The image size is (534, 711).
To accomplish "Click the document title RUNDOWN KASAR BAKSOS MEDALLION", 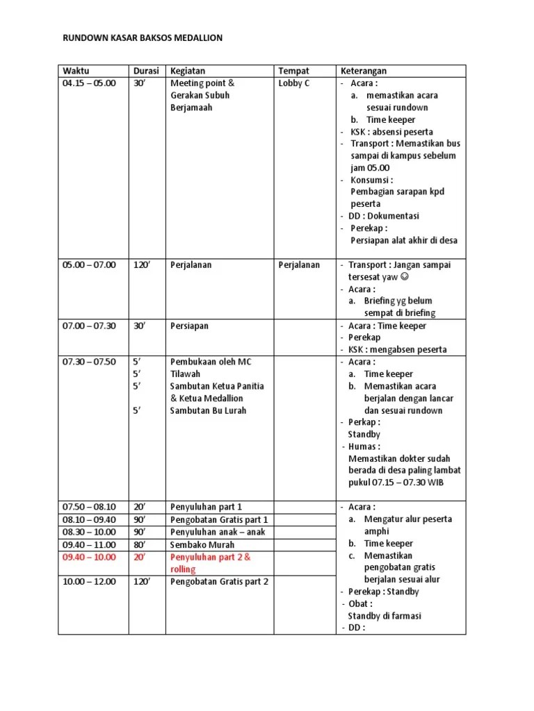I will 143,38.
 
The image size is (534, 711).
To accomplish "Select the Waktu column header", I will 76,71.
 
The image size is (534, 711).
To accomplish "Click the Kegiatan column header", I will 188,71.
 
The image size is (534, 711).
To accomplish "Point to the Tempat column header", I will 293,71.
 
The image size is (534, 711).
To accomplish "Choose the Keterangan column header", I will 363,71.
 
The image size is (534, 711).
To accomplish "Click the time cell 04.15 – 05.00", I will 90,83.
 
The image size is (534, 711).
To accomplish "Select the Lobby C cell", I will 294,83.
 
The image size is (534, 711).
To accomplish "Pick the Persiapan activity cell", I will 189,326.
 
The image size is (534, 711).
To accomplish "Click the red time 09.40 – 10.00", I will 90,557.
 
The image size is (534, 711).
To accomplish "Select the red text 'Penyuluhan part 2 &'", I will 210,557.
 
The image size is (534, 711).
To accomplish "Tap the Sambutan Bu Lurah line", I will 208,410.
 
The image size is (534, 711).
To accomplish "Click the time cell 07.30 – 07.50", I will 90,362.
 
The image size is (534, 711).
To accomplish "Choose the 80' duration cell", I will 141,544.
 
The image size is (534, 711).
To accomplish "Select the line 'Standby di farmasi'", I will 385,616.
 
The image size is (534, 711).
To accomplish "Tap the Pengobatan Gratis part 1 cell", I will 219,519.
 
